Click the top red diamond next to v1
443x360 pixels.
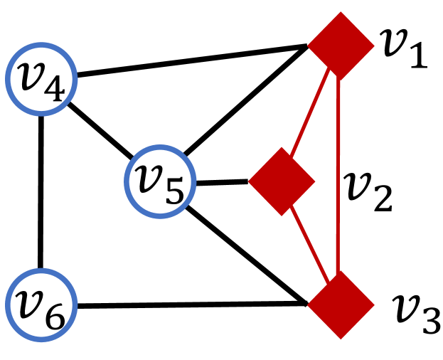(x=340, y=46)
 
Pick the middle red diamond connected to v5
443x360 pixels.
(x=282, y=181)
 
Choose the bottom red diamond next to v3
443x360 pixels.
(x=340, y=305)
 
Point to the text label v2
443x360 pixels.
(x=368, y=190)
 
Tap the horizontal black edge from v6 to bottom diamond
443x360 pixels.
(x=192, y=306)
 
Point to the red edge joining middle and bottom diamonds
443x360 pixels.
(x=311, y=245)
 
